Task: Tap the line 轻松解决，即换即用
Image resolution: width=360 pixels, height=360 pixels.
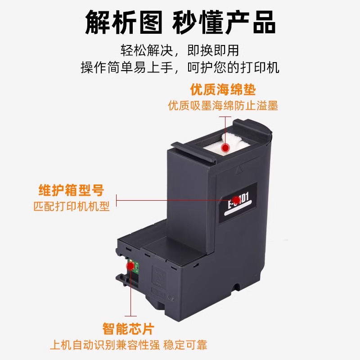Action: [180, 50]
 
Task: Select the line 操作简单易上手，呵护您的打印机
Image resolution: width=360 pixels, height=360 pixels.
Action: [180, 67]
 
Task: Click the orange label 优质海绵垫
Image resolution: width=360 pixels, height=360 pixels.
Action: [223, 90]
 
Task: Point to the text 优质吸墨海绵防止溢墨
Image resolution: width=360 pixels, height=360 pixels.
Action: [223, 106]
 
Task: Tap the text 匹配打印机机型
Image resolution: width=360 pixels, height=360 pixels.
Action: [72, 207]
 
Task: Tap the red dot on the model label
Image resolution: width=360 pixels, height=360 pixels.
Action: [236, 198]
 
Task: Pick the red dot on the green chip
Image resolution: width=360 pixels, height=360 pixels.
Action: [130, 266]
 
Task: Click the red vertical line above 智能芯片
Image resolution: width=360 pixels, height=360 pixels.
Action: [130, 292]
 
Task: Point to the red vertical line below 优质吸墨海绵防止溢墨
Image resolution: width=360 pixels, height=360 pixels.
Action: [225, 128]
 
